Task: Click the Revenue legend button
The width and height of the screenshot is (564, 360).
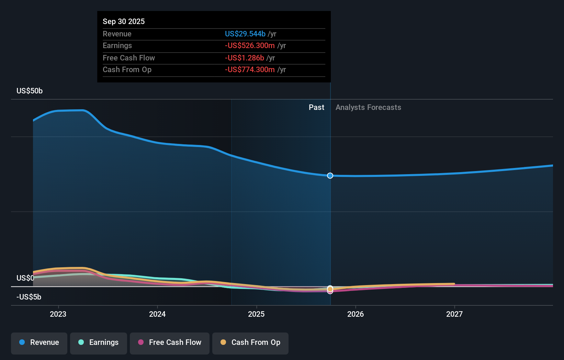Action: pyautogui.click(x=39, y=343)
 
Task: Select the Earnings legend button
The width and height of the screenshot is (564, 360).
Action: pyautogui.click(x=99, y=343)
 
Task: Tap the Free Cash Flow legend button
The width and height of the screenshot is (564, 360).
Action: pyautogui.click(x=170, y=343)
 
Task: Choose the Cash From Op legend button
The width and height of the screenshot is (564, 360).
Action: pyautogui.click(x=250, y=343)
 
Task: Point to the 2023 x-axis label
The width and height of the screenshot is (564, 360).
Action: pyautogui.click(x=58, y=314)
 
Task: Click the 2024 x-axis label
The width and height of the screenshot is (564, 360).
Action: pyautogui.click(x=157, y=314)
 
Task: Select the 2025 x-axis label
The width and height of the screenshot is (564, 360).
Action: pyautogui.click(x=256, y=314)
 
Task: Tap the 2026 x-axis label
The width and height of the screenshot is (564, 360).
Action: pyautogui.click(x=356, y=314)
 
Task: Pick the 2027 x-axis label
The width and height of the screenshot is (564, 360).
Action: pyautogui.click(x=454, y=314)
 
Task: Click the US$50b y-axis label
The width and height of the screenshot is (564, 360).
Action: pyautogui.click(x=30, y=91)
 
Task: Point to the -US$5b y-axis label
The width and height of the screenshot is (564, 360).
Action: pyautogui.click(x=29, y=297)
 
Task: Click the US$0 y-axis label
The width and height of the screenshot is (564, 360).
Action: pyautogui.click(x=25, y=278)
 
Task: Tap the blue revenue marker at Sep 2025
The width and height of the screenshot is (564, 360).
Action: pyautogui.click(x=330, y=176)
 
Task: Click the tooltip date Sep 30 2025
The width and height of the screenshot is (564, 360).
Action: pyautogui.click(x=124, y=22)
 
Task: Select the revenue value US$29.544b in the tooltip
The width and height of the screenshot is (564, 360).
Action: pyautogui.click(x=245, y=34)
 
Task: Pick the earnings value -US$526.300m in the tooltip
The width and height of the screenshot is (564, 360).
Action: pyautogui.click(x=250, y=46)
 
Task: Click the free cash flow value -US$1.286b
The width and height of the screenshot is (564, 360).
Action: pyautogui.click(x=245, y=58)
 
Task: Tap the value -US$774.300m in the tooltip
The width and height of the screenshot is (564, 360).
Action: pyautogui.click(x=250, y=70)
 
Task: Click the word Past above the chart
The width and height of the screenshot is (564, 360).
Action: pyautogui.click(x=316, y=108)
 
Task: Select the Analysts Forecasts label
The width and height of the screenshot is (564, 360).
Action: pyautogui.click(x=368, y=108)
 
